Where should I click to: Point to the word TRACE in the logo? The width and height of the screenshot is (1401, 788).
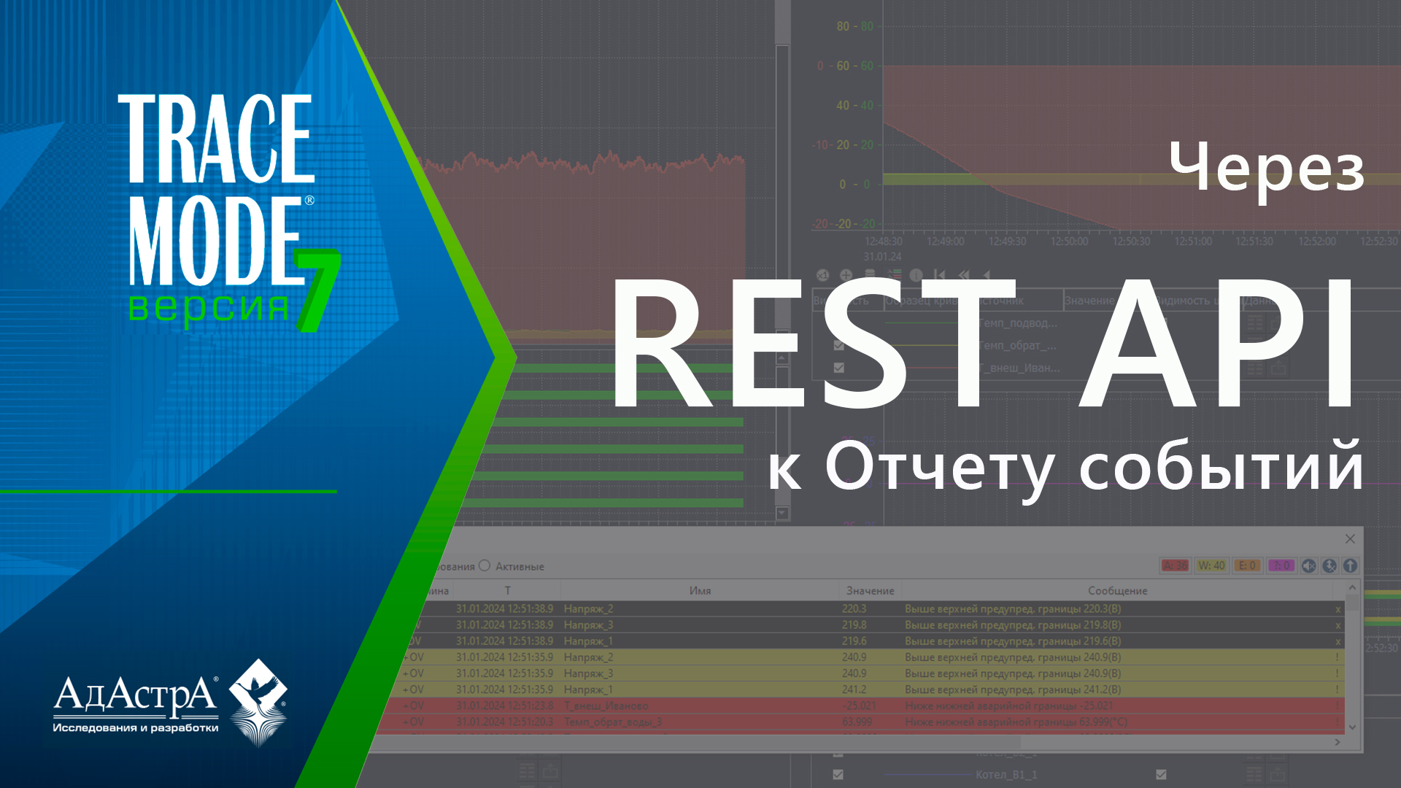pos(217,139)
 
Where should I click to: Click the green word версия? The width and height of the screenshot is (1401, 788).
pos(209,307)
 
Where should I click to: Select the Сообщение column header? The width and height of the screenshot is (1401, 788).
pos(1117,590)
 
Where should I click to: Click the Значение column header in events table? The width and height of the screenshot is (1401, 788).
pos(870,590)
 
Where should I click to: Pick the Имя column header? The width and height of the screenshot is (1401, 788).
pos(700,590)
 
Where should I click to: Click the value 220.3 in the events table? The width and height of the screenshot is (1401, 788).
pos(854,609)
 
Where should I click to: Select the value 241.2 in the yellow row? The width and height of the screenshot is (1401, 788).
pos(854,689)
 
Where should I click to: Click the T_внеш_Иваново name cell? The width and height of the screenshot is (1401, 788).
pos(606,706)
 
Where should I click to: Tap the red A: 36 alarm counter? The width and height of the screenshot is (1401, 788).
pos(1175,565)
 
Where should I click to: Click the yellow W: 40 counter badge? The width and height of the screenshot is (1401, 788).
pos(1211,565)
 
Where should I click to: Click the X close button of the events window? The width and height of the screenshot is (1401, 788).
pos(1350,538)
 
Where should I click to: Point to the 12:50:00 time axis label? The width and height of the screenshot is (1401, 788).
pos(1069,242)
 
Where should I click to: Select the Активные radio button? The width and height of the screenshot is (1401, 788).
pos(485,565)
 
